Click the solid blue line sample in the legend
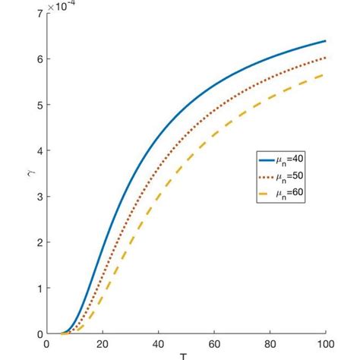point(265,160)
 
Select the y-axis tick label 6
point(39,59)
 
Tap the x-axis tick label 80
point(270,344)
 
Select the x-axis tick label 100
point(325,344)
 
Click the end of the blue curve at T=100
point(326,41)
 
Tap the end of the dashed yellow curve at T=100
point(326,74)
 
